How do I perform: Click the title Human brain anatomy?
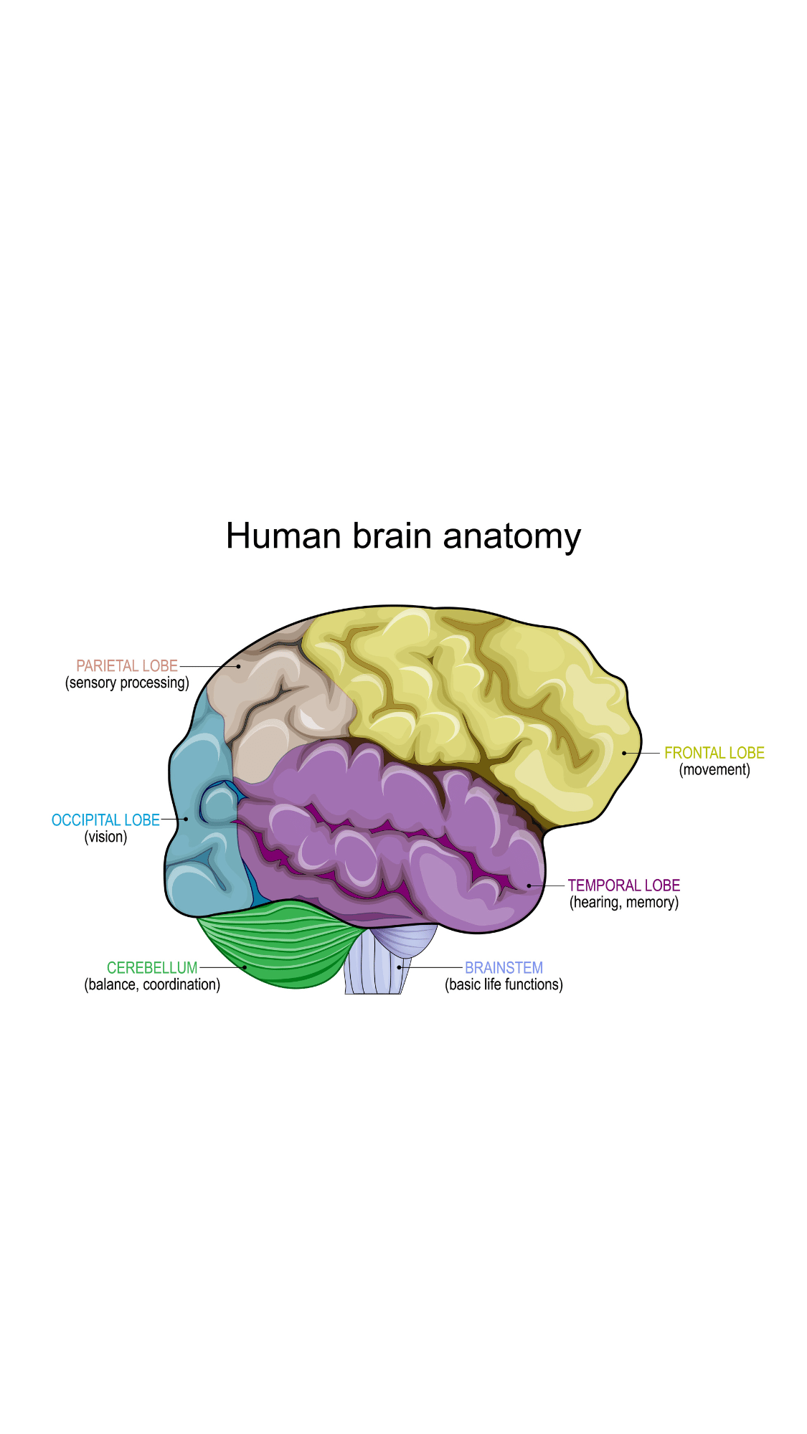point(403,536)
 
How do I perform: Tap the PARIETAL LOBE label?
point(127,666)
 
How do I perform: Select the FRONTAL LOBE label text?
point(714,753)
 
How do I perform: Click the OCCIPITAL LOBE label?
point(105,820)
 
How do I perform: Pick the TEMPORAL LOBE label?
point(624,885)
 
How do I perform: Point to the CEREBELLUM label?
point(152,968)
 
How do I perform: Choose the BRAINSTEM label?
point(504,968)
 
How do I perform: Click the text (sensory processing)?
point(127,683)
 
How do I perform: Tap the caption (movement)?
point(714,770)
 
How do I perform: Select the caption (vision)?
point(105,837)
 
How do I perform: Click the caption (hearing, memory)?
point(624,903)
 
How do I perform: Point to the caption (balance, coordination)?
point(152,985)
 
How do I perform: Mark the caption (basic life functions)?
point(504,985)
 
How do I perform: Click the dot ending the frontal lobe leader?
point(624,753)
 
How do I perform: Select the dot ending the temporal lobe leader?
point(529,885)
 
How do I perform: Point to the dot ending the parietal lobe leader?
point(239,666)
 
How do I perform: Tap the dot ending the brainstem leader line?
point(400,967)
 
